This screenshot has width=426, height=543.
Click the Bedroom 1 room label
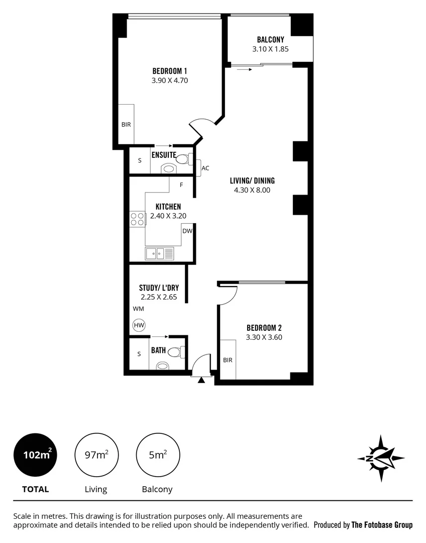pyautogui.click(x=170, y=71)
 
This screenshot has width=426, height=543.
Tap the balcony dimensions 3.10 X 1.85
pyautogui.click(x=270, y=49)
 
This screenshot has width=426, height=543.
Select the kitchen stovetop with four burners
pyautogui.click(x=137, y=219)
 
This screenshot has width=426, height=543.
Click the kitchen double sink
pyautogui.click(x=159, y=253)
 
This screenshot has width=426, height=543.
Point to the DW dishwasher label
pyautogui.click(x=187, y=231)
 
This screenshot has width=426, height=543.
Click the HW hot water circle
pyautogui.click(x=139, y=325)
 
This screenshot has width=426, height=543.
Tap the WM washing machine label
pyautogui.click(x=138, y=309)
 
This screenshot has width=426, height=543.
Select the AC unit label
pyautogui.click(x=205, y=168)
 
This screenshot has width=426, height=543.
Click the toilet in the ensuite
pyautogui.click(x=182, y=159)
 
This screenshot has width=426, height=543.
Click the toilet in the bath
pyautogui.click(x=173, y=352)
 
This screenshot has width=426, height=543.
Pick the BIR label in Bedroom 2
pyautogui.click(x=228, y=360)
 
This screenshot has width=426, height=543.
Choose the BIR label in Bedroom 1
pyautogui.click(x=126, y=124)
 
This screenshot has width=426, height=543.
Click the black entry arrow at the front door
pyautogui.click(x=201, y=380)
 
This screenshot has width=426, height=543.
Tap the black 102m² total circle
pyautogui.click(x=36, y=456)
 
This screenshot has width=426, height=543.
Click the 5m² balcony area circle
pyautogui.click(x=158, y=456)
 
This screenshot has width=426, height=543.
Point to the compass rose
pyautogui.click(x=381, y=458)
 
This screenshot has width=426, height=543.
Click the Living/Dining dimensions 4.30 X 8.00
pyautogui.click(x=252, y=190)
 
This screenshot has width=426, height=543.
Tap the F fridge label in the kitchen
pyautogui.click(x=182, y=185)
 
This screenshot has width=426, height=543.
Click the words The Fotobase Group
pyautogui.click(x=382, y=525)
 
